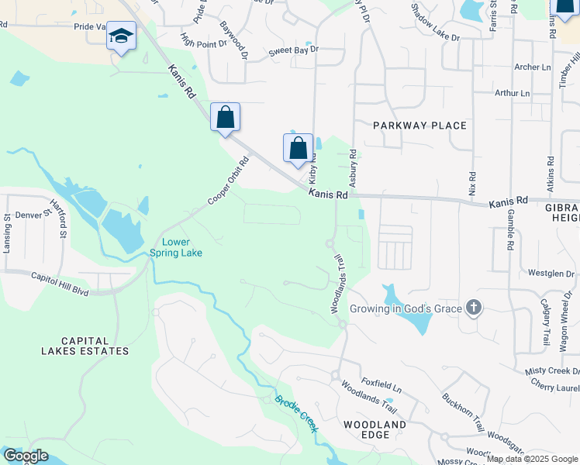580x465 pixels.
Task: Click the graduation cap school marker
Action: [122, 36]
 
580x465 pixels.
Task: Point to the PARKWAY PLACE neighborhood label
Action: [419, 126]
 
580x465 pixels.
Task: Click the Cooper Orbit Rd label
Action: [229, 181]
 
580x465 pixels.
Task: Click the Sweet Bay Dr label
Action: [294, 50]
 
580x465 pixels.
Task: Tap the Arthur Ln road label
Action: [512, 93]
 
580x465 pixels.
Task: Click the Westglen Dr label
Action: [551, 273]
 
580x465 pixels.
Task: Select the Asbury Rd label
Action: [352, 166]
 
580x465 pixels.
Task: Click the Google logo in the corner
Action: [25, 456]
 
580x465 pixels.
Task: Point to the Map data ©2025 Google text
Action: [532, 459]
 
